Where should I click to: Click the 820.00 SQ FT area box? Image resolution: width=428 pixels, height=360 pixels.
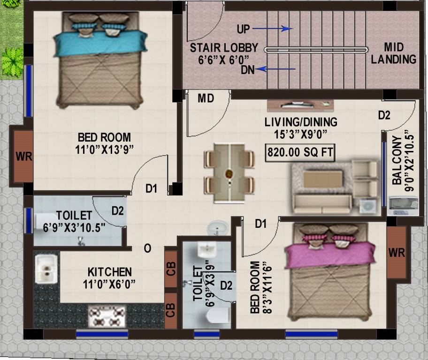point(299,153)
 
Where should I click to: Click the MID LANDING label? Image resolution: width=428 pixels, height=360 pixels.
point(400,53)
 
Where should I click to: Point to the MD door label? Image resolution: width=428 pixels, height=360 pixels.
point(206,98)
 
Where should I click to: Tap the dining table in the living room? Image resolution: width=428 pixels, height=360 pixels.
point(229,173)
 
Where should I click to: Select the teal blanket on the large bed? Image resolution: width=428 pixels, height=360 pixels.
point(94,42)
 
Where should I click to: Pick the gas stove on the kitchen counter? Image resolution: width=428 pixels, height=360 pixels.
point(107,317)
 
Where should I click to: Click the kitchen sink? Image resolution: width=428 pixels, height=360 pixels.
point(46,269)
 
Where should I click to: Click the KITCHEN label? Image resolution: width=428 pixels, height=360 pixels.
point(109,272)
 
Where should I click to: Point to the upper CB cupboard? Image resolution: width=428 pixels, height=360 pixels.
point(171,268)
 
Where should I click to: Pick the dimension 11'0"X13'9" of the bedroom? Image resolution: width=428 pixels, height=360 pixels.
point(104,150)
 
